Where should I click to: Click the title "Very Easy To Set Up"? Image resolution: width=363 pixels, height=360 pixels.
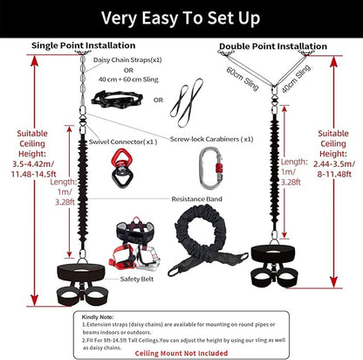pyautogui.click(x=181, y=17)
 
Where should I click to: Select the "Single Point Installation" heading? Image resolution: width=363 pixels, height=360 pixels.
pyautogui.click(x=84, y=45)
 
